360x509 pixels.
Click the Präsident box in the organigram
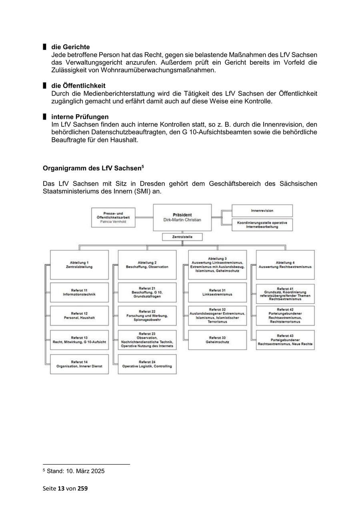coord(182,218)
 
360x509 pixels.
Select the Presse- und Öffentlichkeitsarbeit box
coord(113,217)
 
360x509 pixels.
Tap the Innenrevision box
coord(262,210)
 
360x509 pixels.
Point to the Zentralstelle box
coord(182,237)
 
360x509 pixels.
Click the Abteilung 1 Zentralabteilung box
coord(79,265)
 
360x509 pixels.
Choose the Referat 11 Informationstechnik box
coord(79,292)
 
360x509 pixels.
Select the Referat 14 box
coord(79,364)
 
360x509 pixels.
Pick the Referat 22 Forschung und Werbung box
coord(147,316)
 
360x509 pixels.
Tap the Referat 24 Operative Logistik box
coord(147,364)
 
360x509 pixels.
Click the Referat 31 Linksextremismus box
coord(218,292)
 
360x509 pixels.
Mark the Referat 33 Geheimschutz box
coord(218,340)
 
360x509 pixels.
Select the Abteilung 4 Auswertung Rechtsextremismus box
coord(285,265)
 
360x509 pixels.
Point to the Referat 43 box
coord(285,340)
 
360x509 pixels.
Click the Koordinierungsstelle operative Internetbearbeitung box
coord(262,225)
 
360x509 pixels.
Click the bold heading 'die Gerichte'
coord(70,47)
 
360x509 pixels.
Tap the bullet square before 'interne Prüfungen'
coord(45,117)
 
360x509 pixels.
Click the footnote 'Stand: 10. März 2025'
coord(76,471)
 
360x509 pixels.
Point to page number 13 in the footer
coord(61,488)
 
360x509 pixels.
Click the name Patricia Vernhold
coord(113,221)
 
